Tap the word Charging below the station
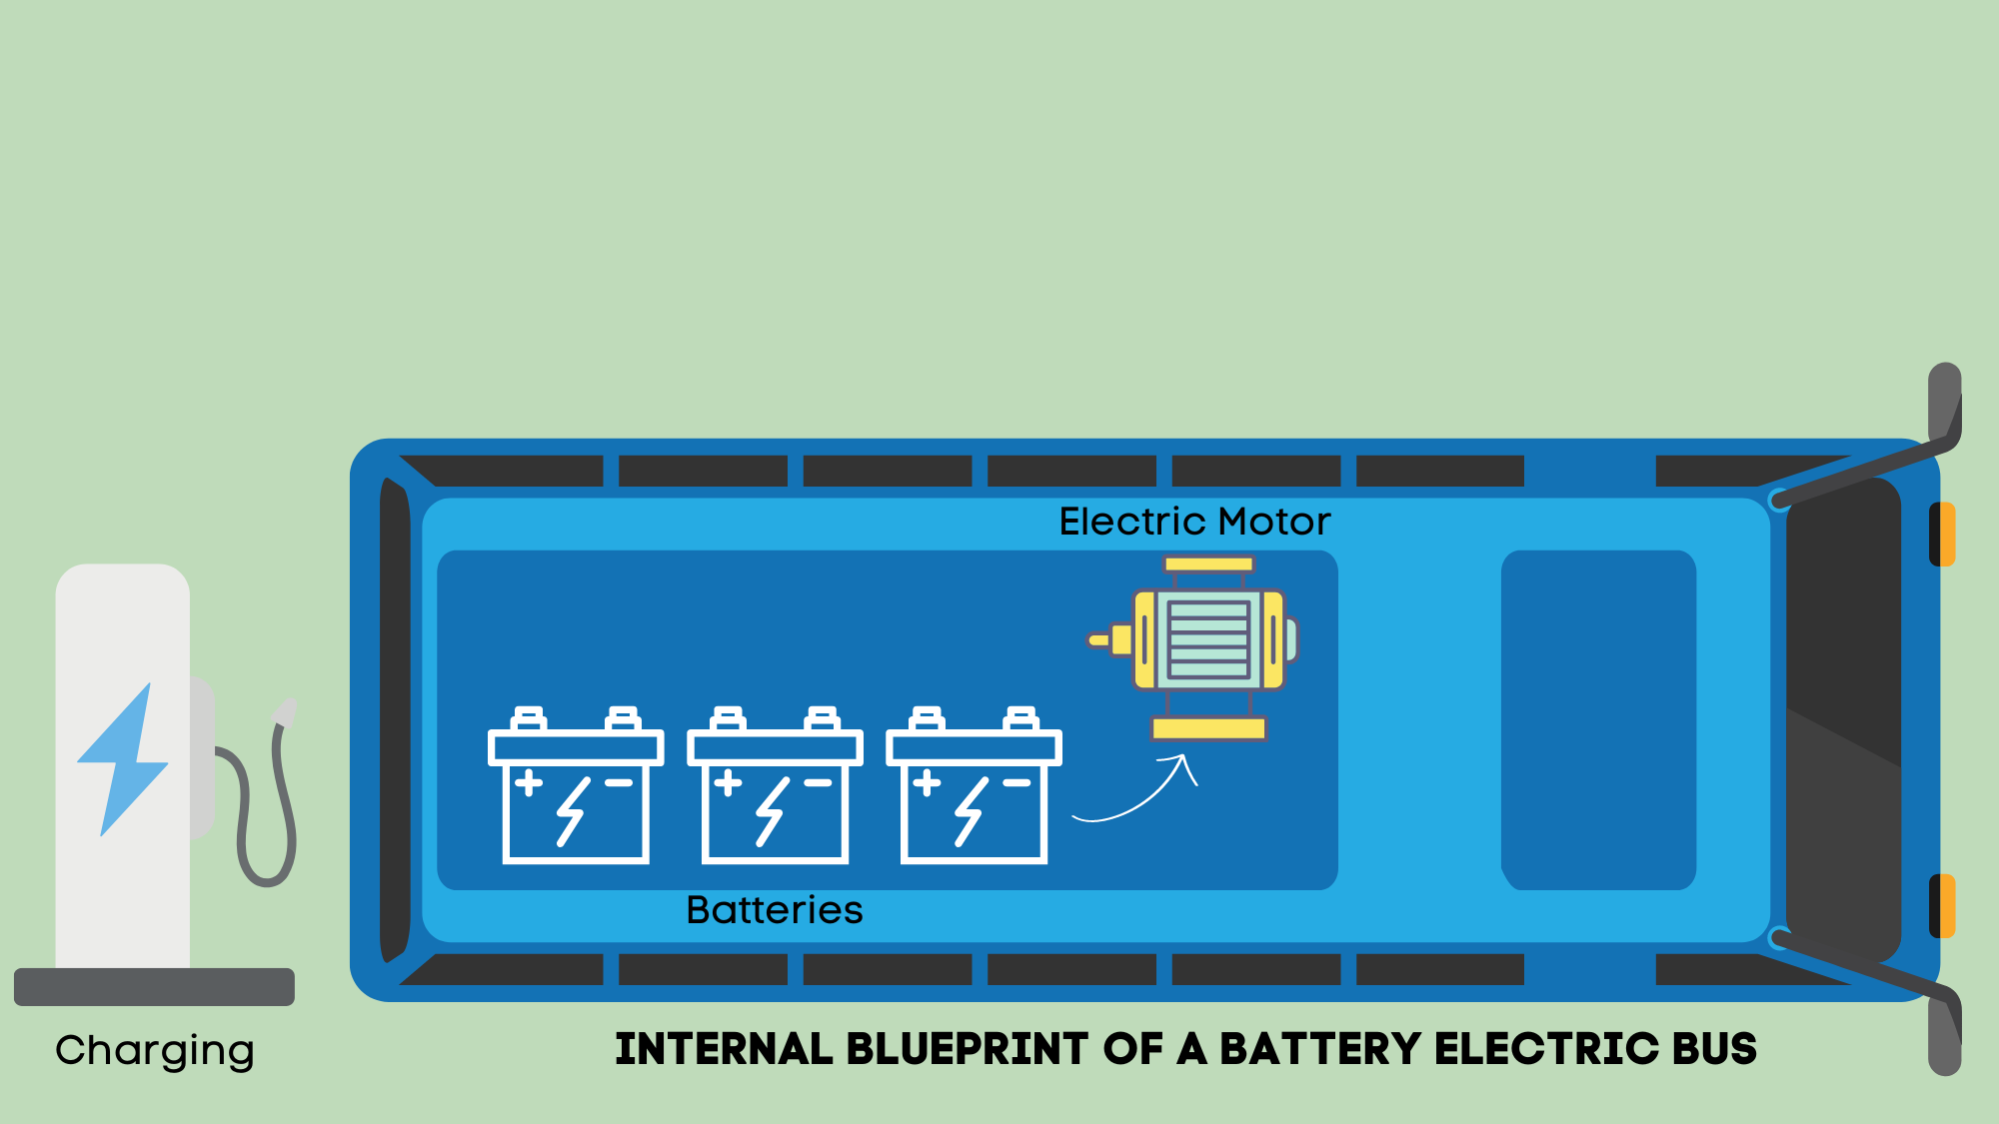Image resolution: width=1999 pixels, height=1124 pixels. point(155,1051)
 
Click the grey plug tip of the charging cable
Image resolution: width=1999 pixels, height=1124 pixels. point(286,712)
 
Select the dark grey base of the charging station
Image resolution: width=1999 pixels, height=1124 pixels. point(154,986)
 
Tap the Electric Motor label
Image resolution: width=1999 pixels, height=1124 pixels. point(1194,522)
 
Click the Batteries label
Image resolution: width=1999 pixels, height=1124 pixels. point(775,910)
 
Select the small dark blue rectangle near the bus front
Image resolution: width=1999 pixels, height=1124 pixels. point(1598,719)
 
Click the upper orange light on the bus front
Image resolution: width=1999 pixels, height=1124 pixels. point(1942,535)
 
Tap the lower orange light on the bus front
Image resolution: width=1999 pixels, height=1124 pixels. point(1942,906)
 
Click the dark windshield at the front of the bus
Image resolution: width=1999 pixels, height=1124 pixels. point(1843,719)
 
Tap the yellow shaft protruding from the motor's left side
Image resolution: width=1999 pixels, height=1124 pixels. point(1099,640)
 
